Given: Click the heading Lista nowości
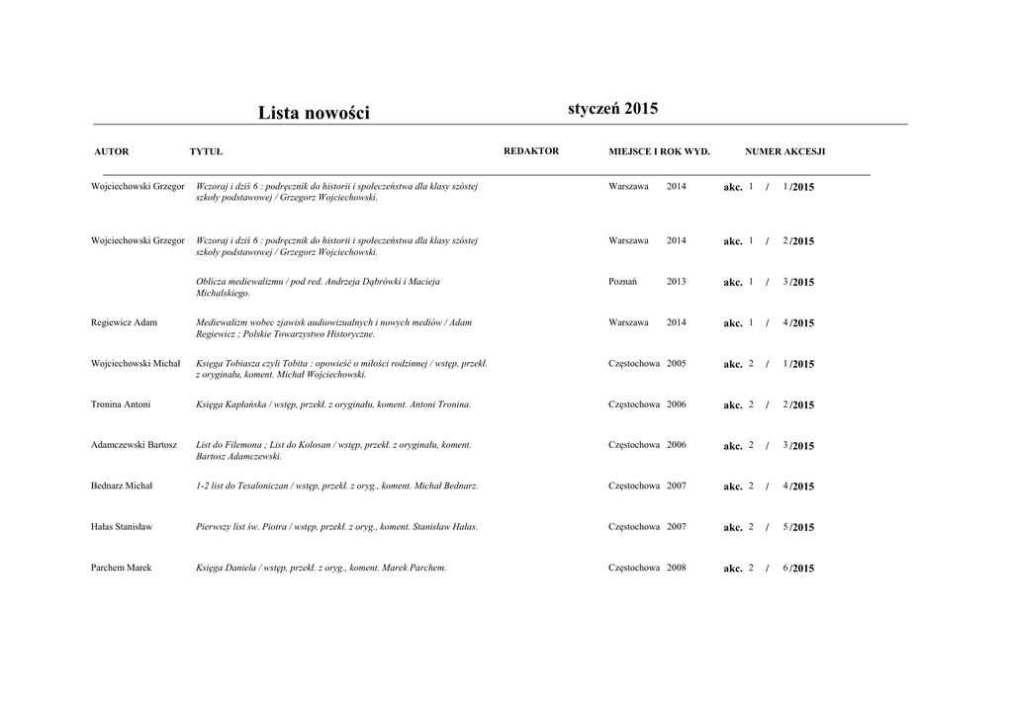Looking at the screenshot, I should tap(314, 113).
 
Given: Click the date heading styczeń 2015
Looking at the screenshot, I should tap(612, 108).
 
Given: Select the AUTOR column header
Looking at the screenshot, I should tap(112, 151).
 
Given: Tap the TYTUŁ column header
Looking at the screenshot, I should tap(206, 151).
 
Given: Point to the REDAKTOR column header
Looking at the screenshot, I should tap(531, 150).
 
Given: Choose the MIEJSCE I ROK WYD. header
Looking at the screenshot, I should tap(659, 151).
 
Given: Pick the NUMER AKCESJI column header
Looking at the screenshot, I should tap(784, 151).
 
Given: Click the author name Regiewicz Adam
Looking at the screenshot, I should tap(124, 322).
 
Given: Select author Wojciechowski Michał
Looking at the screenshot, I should tap(136, 363).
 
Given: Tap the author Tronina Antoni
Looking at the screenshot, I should tap(121, 404).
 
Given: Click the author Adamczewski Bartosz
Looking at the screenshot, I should tap(134, 445).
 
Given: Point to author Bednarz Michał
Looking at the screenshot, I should tap(122, 486).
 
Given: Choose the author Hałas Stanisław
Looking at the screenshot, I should tap(122, 527).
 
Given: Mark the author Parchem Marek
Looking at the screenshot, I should tap(121, 568).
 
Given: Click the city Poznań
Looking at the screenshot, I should tap(623, 282).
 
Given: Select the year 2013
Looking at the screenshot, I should tap(676, 282).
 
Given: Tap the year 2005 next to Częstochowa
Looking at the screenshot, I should tap(676, 363).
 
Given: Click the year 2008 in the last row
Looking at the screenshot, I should tap(676, 568).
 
